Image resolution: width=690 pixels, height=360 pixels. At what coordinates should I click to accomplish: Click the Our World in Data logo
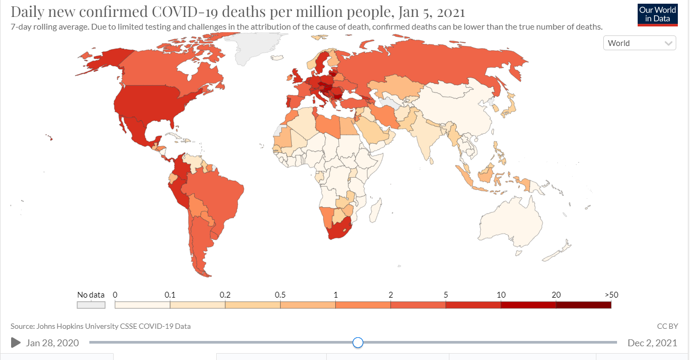[657, 14]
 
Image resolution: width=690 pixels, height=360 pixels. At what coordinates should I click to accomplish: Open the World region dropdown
[639, 43]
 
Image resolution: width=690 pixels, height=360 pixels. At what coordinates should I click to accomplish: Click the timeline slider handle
[358, 343]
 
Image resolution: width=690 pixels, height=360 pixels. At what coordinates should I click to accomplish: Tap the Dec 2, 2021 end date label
[652, 343]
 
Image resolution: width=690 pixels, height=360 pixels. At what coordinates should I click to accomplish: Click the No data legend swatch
[91, 305]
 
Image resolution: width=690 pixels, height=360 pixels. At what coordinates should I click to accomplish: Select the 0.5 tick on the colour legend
[280, 295]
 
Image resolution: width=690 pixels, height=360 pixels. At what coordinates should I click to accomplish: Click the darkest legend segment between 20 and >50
[583, 305]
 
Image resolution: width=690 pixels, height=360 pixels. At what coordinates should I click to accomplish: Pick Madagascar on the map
[375, 211]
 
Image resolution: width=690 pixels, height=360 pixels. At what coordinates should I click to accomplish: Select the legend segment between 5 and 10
[473, 305]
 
